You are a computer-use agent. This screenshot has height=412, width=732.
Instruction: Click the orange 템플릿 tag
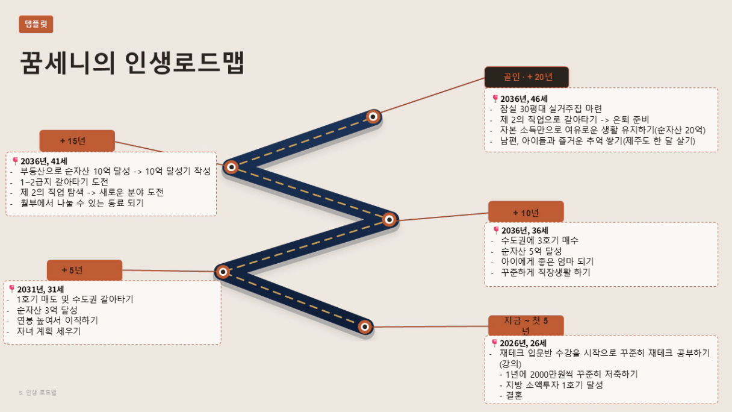36,24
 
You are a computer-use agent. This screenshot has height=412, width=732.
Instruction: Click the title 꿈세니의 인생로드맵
132,63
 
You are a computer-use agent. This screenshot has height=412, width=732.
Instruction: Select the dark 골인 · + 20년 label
527,77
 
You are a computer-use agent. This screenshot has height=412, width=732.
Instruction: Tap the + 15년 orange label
77,141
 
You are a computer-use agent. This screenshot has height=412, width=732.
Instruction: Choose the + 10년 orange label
526,213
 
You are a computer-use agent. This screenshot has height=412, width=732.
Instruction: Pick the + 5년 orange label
85,270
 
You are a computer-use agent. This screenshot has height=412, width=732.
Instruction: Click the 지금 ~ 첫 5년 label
526,326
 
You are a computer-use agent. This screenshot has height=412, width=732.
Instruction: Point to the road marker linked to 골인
373,117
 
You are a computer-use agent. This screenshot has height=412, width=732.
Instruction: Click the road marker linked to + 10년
389,219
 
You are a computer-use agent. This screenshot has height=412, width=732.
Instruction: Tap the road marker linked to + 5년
223,272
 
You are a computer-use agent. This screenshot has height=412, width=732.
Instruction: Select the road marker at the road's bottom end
365,326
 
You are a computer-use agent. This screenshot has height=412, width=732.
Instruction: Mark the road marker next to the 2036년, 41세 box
231,167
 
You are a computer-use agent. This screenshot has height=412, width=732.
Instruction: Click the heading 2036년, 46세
524,99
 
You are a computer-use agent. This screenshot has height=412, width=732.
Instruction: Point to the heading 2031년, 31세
40,289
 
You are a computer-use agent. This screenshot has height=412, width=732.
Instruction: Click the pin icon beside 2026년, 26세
494,343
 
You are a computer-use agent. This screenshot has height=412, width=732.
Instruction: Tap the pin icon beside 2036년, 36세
496,230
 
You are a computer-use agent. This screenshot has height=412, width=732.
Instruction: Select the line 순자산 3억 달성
47,310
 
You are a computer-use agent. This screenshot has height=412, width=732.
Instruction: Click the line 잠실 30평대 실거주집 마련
551,108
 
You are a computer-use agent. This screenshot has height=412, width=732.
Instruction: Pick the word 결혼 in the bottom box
514,396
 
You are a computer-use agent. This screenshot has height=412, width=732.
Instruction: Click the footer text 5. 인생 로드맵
37,392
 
